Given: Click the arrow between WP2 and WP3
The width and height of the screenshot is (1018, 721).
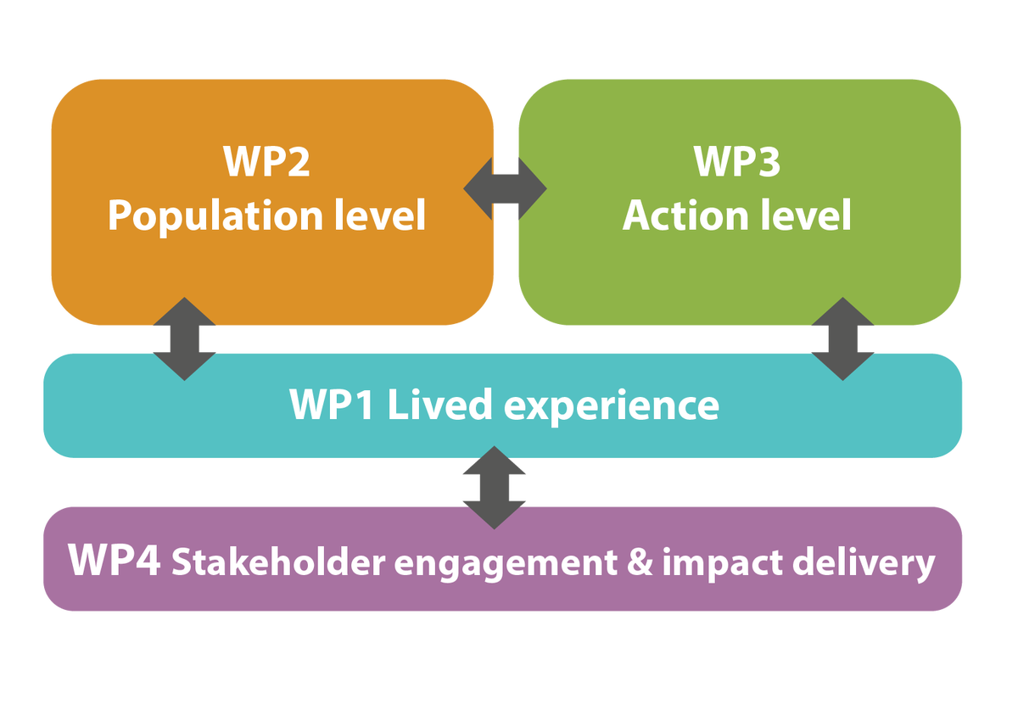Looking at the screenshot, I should [506, 187].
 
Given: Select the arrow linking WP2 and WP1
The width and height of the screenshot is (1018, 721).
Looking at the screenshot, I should [185, 338].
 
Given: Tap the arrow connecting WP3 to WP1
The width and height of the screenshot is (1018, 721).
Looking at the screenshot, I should [842, 338].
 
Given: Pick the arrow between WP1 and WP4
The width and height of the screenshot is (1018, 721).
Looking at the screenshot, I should [494, 488].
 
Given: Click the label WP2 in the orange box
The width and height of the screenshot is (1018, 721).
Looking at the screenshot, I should [266, 162].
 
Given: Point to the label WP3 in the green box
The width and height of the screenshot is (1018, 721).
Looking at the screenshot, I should [736, 162].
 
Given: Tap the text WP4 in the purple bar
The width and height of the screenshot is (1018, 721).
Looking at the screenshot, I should [115, 561].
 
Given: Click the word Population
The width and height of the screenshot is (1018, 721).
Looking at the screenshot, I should [209, 216].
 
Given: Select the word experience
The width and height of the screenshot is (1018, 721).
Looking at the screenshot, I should [611, 406].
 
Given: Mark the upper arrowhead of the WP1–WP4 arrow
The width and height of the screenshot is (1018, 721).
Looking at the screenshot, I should [494, 462].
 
